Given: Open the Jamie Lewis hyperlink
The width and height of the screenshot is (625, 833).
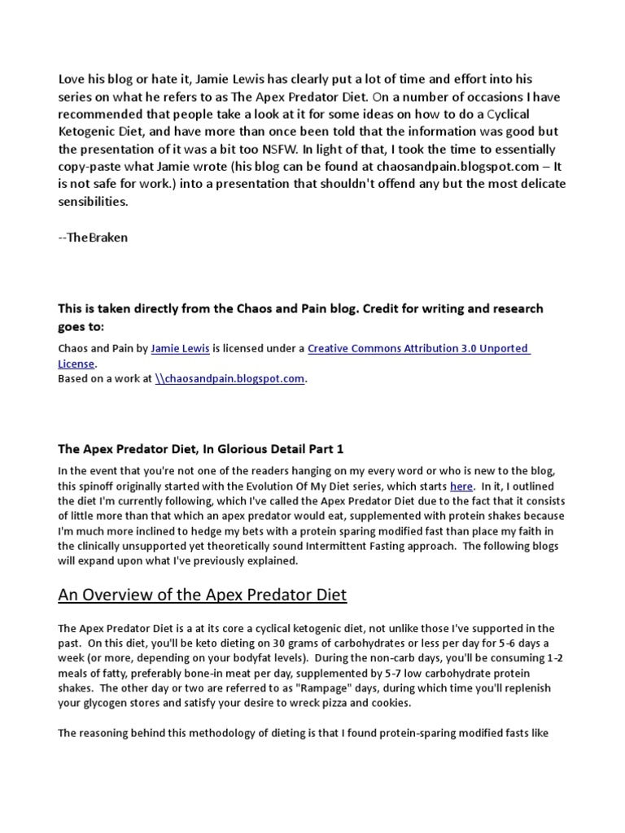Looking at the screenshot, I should [x=181, y=348].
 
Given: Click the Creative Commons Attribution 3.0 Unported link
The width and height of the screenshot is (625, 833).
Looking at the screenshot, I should [x=418, y=348].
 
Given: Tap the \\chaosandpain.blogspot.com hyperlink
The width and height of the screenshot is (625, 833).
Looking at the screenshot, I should [x=230, y=379].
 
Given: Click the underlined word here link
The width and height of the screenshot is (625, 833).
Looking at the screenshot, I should [x=461, y=486].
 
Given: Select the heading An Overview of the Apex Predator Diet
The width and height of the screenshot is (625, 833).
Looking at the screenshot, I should [x=203, y=595].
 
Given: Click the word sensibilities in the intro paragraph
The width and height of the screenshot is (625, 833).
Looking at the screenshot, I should [x=93, y=201].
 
